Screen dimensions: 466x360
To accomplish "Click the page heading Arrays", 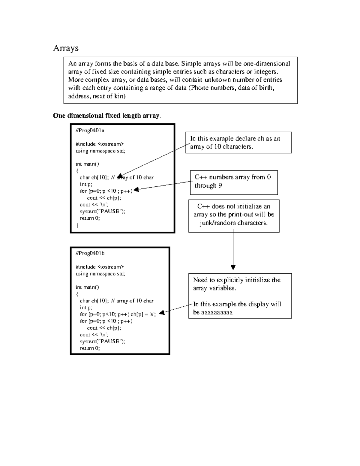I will pyautogui.click(x=66, y=48).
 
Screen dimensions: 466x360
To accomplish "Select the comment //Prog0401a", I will pyautogui.click(x=90, y=131).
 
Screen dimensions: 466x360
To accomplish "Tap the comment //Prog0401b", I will pyautogui.click(x=90, y=253).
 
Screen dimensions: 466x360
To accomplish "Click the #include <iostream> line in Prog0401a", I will pyautogui.click(x=100, y=144).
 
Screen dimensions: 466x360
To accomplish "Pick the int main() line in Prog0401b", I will pyautogui.click(x=87, y=287).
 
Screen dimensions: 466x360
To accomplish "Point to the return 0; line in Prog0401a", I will pyautogui.click(x=90, y=218).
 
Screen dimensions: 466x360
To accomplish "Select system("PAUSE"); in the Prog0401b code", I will pyautogui.click(x=102, y=341).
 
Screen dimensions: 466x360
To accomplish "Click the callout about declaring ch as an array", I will pyautogui.click(x=238, y=143).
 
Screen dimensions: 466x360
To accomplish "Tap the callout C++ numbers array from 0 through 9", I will pyautogui.click(x=234, y=181).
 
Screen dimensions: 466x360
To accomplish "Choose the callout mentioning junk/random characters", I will pyautogui.click(x=234, y=215).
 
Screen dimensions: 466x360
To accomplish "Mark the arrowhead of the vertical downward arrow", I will pyautogui.click(x=233, y=267).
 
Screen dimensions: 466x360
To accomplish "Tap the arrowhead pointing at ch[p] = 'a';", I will pyautogui.click(x=162, y=313).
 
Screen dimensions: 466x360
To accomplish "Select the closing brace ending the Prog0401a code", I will pyautogui.click(x=77, y=225).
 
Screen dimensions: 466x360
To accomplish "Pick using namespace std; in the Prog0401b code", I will pyautogui.click(x=100, y=274).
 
